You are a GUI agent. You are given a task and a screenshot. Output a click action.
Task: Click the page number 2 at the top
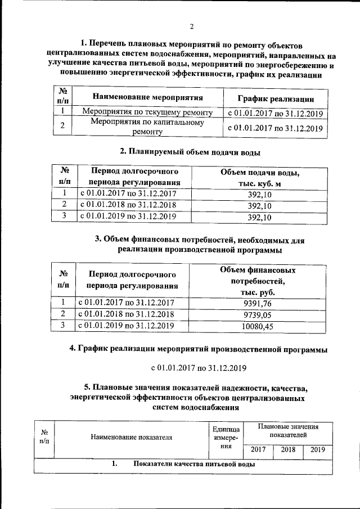tap(191, 26)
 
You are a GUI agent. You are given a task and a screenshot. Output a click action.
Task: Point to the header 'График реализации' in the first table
tap(275, 98)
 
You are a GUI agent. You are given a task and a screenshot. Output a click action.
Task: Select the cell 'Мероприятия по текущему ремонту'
tap(147, 112)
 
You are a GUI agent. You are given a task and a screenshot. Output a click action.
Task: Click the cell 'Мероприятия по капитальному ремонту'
tap(147, 127)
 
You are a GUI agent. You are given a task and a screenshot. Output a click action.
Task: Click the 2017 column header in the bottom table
tap(258, 450)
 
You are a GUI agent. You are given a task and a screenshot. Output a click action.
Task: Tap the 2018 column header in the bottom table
tap(288, 450)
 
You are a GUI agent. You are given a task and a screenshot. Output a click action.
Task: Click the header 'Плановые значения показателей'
tap(287, 431)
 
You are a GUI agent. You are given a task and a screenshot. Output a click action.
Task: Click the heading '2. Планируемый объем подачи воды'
tap(191, 151)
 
